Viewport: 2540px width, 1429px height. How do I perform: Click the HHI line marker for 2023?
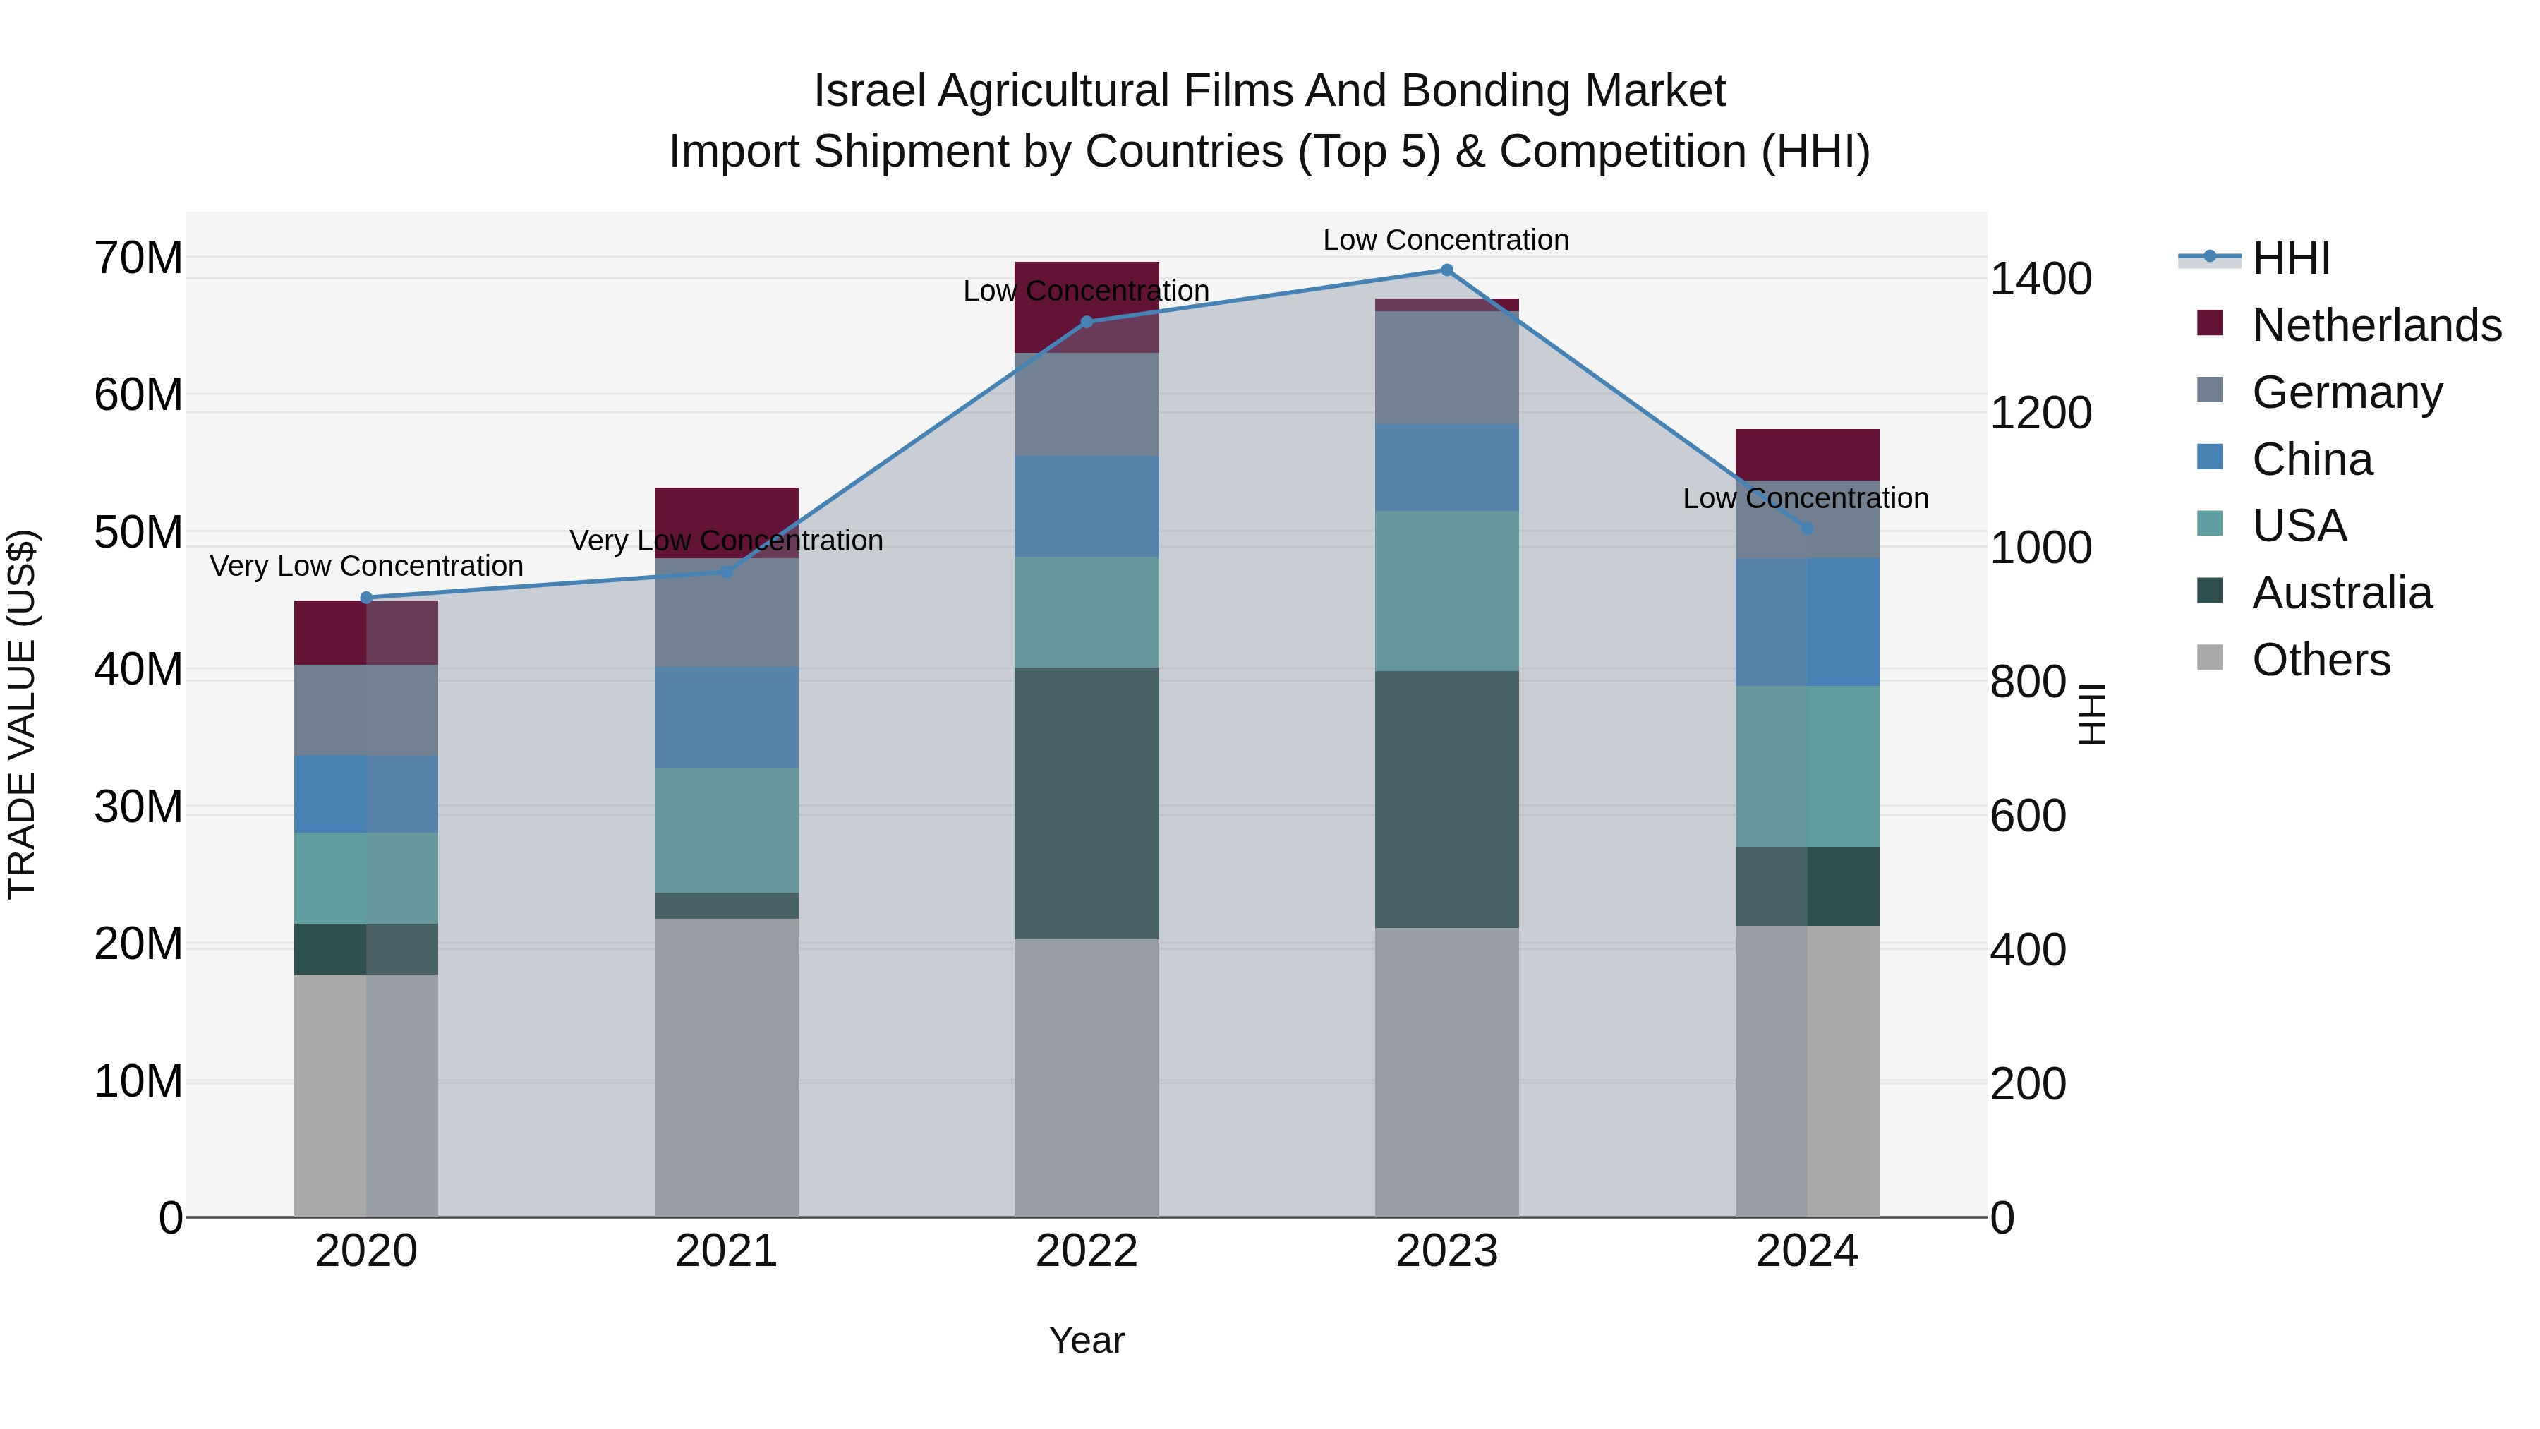click(1446, 270)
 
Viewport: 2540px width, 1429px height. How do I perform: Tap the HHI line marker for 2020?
click(365, 598)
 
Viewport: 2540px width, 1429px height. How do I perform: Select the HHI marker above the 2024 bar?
click(1808, 529)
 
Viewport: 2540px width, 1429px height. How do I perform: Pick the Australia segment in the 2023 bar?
click(1446, 799)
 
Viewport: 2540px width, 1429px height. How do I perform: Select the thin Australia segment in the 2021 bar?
click(726, 905)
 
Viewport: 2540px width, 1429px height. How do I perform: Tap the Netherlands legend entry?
click(2376, 325)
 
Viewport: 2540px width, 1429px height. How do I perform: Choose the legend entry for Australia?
click(2342, 593)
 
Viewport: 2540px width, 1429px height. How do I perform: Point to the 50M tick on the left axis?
click(138, 533)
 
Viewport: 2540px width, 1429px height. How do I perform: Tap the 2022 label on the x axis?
click(1087, 1251)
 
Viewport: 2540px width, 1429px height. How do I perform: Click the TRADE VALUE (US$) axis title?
click(22, 714)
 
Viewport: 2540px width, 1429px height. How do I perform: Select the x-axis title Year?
click(1087, 1340)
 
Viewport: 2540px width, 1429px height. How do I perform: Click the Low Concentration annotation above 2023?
click(1446, 240)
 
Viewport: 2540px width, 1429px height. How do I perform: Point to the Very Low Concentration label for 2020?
click(365, 566)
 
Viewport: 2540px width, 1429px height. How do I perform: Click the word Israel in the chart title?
click(868, 91)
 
